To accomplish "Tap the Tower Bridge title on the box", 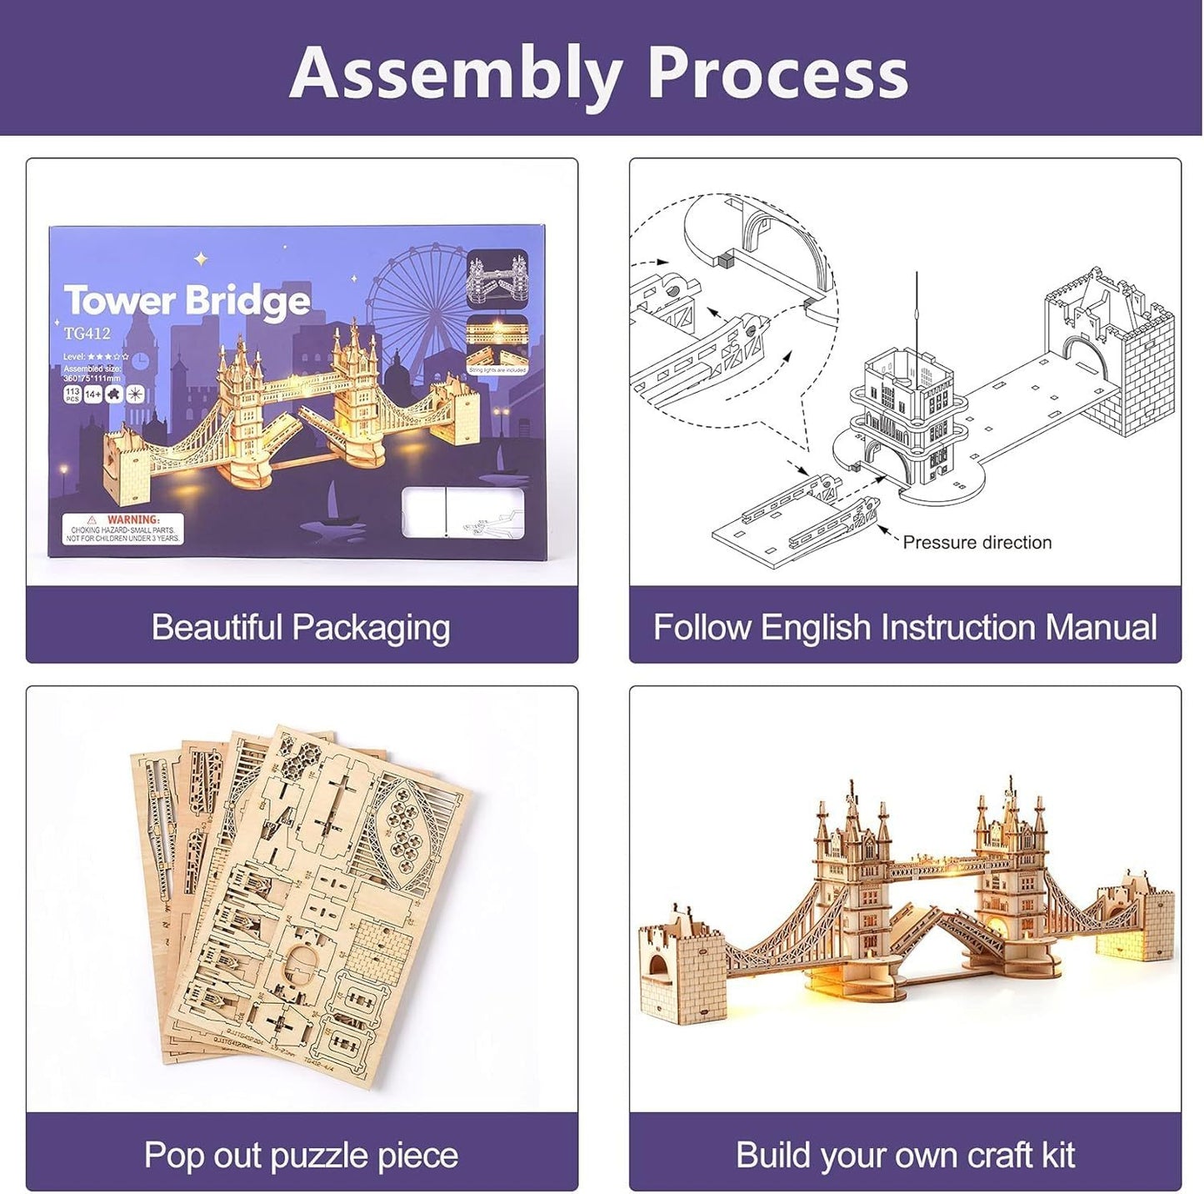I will tap(187, 300).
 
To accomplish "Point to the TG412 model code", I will tap(87, 334).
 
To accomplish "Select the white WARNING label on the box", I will tap(122, 529).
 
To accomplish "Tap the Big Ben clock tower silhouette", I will tap(140, 350).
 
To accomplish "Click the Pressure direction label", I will tap(977, 543).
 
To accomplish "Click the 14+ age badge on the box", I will tap(92, 394).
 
